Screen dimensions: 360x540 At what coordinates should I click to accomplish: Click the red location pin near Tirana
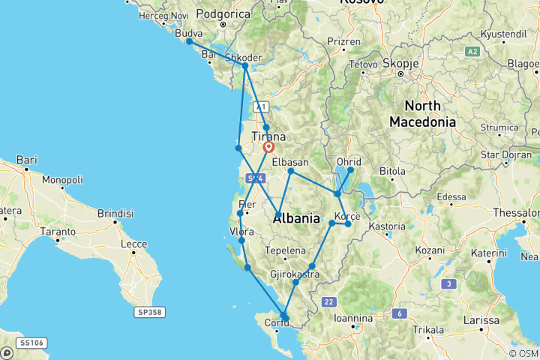268,148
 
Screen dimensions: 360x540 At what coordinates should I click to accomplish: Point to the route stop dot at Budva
189,42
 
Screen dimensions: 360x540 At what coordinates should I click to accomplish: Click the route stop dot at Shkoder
245,66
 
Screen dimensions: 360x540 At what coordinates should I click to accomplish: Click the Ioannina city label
353,318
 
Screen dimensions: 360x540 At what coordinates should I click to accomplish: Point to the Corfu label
268,323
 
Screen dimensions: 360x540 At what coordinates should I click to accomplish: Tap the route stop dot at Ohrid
350,170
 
